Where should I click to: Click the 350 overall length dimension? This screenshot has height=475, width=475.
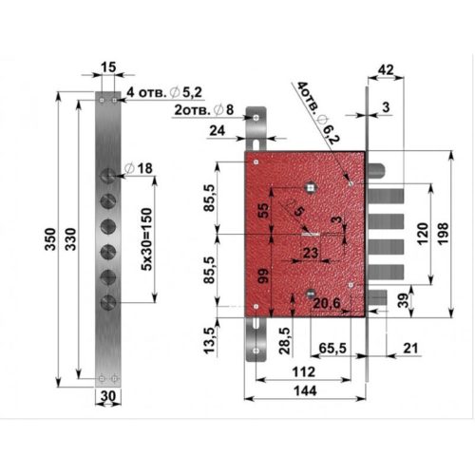[x=50, y=239]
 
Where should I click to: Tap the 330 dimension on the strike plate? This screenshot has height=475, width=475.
[x=71, y=239]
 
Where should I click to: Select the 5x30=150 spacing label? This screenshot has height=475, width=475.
[x=146, y=239]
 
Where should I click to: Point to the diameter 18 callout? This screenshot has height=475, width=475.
[x=139, y=168]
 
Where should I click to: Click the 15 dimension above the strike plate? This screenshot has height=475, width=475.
[x=108, y=67]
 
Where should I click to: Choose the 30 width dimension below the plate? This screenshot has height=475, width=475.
[x=108, y=396]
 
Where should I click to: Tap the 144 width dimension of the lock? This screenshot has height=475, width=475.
[x=305, y=390]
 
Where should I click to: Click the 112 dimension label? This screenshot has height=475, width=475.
[x=304, y=371]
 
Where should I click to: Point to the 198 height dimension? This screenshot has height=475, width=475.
[x=443, y=234]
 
